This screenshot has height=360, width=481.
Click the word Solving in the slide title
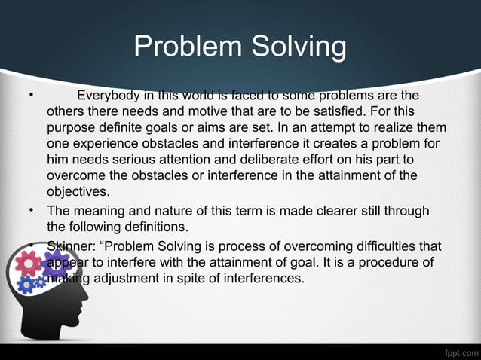(293, 48)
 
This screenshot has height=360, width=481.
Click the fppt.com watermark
(458, 352)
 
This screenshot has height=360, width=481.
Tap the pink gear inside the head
(29, 262)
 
